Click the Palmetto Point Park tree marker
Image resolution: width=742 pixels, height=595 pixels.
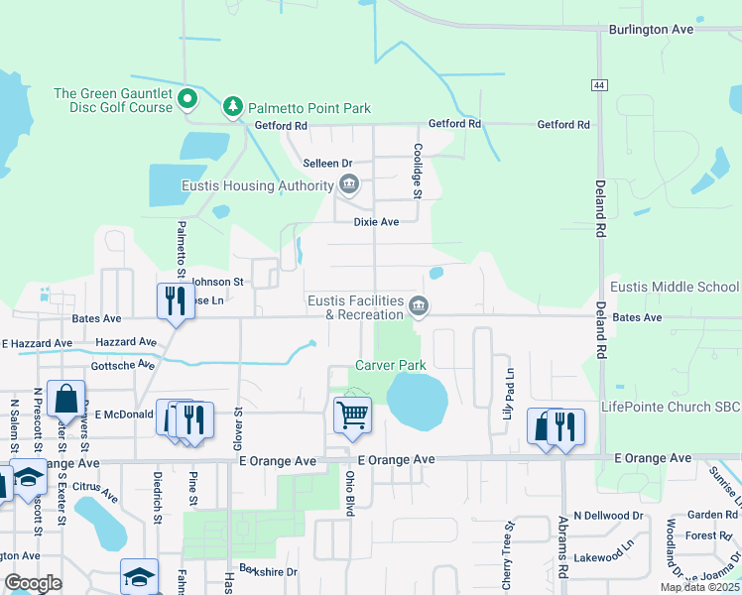pos(232,105)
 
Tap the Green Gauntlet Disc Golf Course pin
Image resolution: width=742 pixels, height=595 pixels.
pos(187,97)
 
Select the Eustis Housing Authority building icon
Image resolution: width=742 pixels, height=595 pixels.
pos(349,185)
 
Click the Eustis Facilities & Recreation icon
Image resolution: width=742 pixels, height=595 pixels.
pos(419,306)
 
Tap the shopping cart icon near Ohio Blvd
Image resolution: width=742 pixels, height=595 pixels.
pos(352,415)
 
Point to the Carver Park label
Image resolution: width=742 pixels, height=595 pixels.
pos(392,365)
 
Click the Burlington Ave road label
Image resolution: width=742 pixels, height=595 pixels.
pos(651,30)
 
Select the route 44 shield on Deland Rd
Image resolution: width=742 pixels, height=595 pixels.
pos(599,85)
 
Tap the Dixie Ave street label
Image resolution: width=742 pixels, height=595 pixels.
pos(376,222)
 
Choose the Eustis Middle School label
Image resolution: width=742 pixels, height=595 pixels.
pos(675,288)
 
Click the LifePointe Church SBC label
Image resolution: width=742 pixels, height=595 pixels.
pos(671,408)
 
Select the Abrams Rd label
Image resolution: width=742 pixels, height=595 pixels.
pos(562,548)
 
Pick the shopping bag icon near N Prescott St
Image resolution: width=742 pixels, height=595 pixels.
pos(65,400)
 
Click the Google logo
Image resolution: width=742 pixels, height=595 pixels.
pos(32,583)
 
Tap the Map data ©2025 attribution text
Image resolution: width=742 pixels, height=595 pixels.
pos(699,587)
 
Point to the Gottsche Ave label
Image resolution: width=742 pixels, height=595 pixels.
pos(122,364)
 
